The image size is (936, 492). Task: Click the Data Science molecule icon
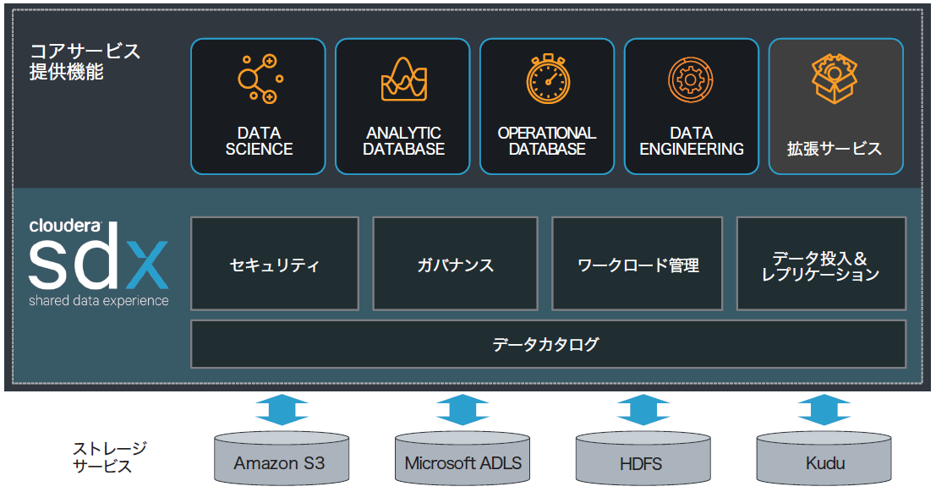(258, 79)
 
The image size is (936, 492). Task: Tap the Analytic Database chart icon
(403, 79)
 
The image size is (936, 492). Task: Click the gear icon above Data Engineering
(691, 80)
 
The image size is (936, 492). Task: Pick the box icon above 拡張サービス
(835, 79)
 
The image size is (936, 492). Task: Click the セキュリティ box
(275, 264)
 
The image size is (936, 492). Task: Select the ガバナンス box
(455, 264)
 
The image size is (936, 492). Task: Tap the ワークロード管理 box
(638, 264)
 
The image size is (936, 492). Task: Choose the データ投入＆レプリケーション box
(820, 264)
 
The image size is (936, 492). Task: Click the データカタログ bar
(548, 344)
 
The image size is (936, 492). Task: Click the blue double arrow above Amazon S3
(282, 409)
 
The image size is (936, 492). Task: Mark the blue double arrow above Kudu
(824, 409)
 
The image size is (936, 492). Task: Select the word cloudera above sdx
(64, 226)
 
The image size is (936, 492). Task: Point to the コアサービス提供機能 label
(85, 61)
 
